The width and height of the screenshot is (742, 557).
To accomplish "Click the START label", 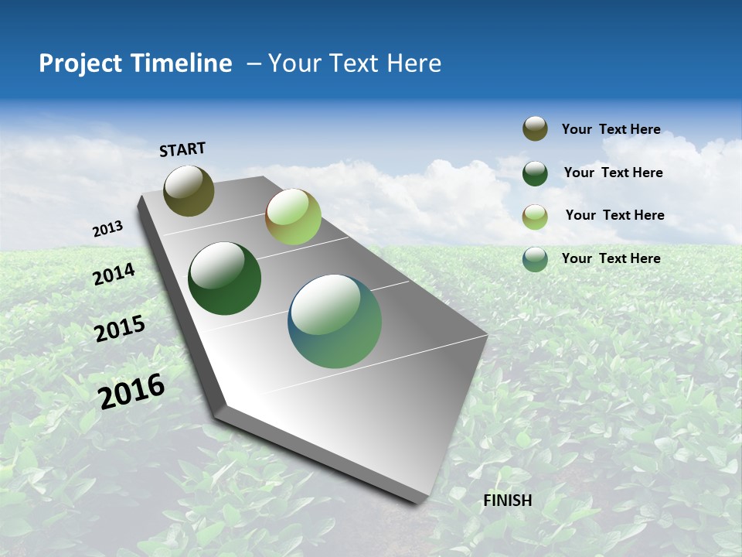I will click(x=182, y=149).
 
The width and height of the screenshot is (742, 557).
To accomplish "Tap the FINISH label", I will click(x=508, y=501).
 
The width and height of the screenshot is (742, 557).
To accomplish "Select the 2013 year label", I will click(x=107, y=229).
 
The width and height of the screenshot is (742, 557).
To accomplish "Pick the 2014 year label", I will click(x=114, y=275).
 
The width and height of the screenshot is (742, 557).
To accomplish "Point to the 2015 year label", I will click(x=119, y=329).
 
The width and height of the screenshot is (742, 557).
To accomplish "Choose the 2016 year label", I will click(x=131, y=391).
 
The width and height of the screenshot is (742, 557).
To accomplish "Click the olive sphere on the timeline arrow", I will click(x=189, y=190).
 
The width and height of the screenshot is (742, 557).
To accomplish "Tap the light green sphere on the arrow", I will click(x=293, y=217).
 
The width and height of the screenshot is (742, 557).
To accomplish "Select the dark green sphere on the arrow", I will click(x=224, y=278).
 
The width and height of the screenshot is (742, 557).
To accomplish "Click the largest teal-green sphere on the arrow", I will click(x=335, y=321).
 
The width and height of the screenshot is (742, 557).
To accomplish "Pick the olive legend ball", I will click(x=535, y=129).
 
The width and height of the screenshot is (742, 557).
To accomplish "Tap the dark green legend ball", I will click(x=535, y=173).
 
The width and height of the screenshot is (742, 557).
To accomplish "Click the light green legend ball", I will click(x=535, y=216).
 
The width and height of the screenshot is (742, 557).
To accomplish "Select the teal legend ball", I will click(x=535, y=259).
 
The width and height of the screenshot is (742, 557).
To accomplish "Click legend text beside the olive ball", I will click(x=611, y=130).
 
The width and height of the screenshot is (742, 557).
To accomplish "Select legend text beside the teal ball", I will click(x=611, y=258).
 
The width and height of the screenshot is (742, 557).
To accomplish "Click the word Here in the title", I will click(x=414, y=63).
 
